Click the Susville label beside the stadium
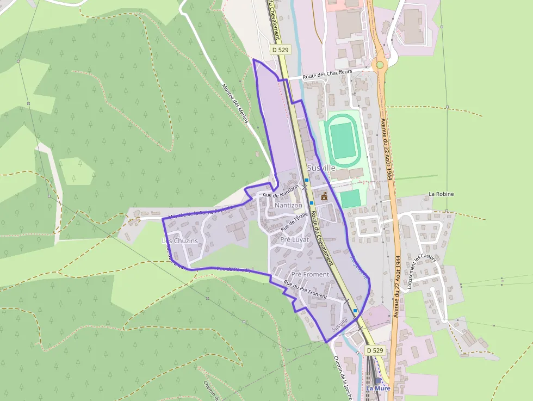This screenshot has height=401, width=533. [321, 168]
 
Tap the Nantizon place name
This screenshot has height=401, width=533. [288, 206]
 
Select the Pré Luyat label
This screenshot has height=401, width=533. [294, 239]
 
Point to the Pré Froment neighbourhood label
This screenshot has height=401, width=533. [310, 274]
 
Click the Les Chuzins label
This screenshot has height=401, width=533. [180, 240]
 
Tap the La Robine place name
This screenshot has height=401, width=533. [441, 194]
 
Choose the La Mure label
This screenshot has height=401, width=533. [378, 388]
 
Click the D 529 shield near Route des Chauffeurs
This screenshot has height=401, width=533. [280, 50]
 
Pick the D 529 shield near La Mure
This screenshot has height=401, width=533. [375, 350]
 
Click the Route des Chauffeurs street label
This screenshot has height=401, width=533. [327, 74]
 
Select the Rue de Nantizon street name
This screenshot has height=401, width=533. [281, 191]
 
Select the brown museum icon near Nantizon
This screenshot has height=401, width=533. [325, 196]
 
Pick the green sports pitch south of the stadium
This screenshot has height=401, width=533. [351, 198]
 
